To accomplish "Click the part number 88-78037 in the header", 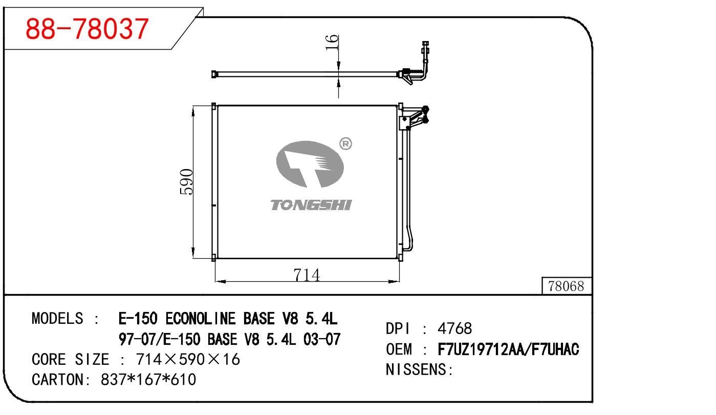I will [87, 29].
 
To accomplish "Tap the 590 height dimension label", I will [186, 181].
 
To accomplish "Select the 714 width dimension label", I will [307, 275].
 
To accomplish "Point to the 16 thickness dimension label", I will [332, 43].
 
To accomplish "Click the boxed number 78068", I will [566, 286].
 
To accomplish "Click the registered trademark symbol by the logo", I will [346, 144].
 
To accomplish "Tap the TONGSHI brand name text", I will [311, 205].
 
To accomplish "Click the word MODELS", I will [57, 318].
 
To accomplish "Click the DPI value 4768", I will [454, 328].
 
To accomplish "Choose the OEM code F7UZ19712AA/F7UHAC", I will [509, 349].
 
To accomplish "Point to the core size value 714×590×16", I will [187, 359].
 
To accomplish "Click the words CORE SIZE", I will [70, 359].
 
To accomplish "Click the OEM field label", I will [398, 349].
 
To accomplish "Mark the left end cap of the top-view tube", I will [214, 74].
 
